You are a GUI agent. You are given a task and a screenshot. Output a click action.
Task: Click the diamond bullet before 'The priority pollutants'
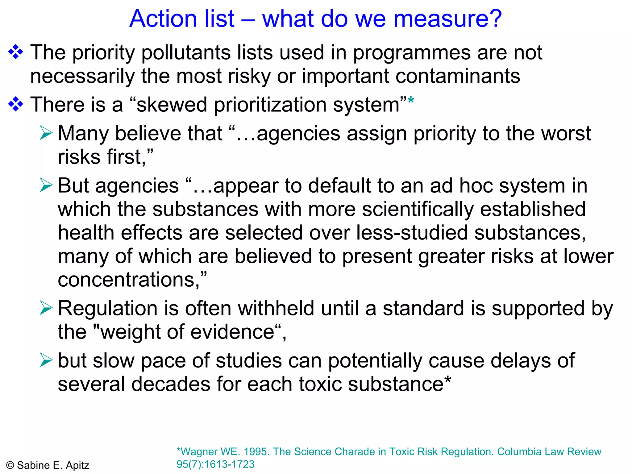click(x=16, y=52)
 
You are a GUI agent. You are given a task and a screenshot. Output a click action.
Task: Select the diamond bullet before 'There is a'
click(x=16, y=104)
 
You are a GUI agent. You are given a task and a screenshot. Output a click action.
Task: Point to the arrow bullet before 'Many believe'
click(x=46, y=133)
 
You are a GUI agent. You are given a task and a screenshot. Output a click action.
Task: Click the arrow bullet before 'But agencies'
click(x=46, y=185)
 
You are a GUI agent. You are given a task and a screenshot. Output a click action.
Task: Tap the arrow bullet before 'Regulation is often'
click(x=46, y=308)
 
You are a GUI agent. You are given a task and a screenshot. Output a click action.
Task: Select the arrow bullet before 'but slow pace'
click(x=46, y=360)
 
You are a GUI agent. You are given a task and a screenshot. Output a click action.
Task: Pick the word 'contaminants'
click(x=457, y=76)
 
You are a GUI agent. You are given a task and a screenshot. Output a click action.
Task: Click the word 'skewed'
click(x=172, y=105)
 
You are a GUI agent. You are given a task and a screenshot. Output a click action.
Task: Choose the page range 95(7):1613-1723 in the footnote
click(x=215, y=464)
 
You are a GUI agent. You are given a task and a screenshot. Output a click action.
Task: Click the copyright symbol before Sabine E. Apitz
click(x=10, y=465)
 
